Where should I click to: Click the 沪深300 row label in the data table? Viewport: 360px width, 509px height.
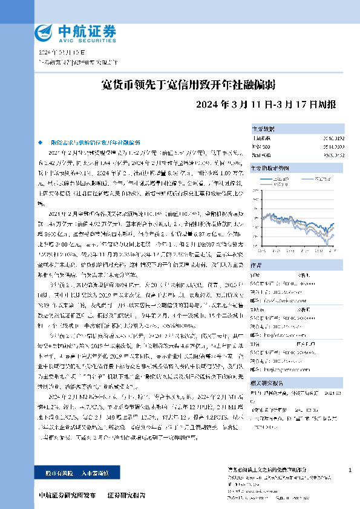tap(261, 146)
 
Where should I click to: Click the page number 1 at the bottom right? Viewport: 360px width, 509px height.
tap(350, 469)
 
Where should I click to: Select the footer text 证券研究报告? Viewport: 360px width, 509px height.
tap(126, 494)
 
